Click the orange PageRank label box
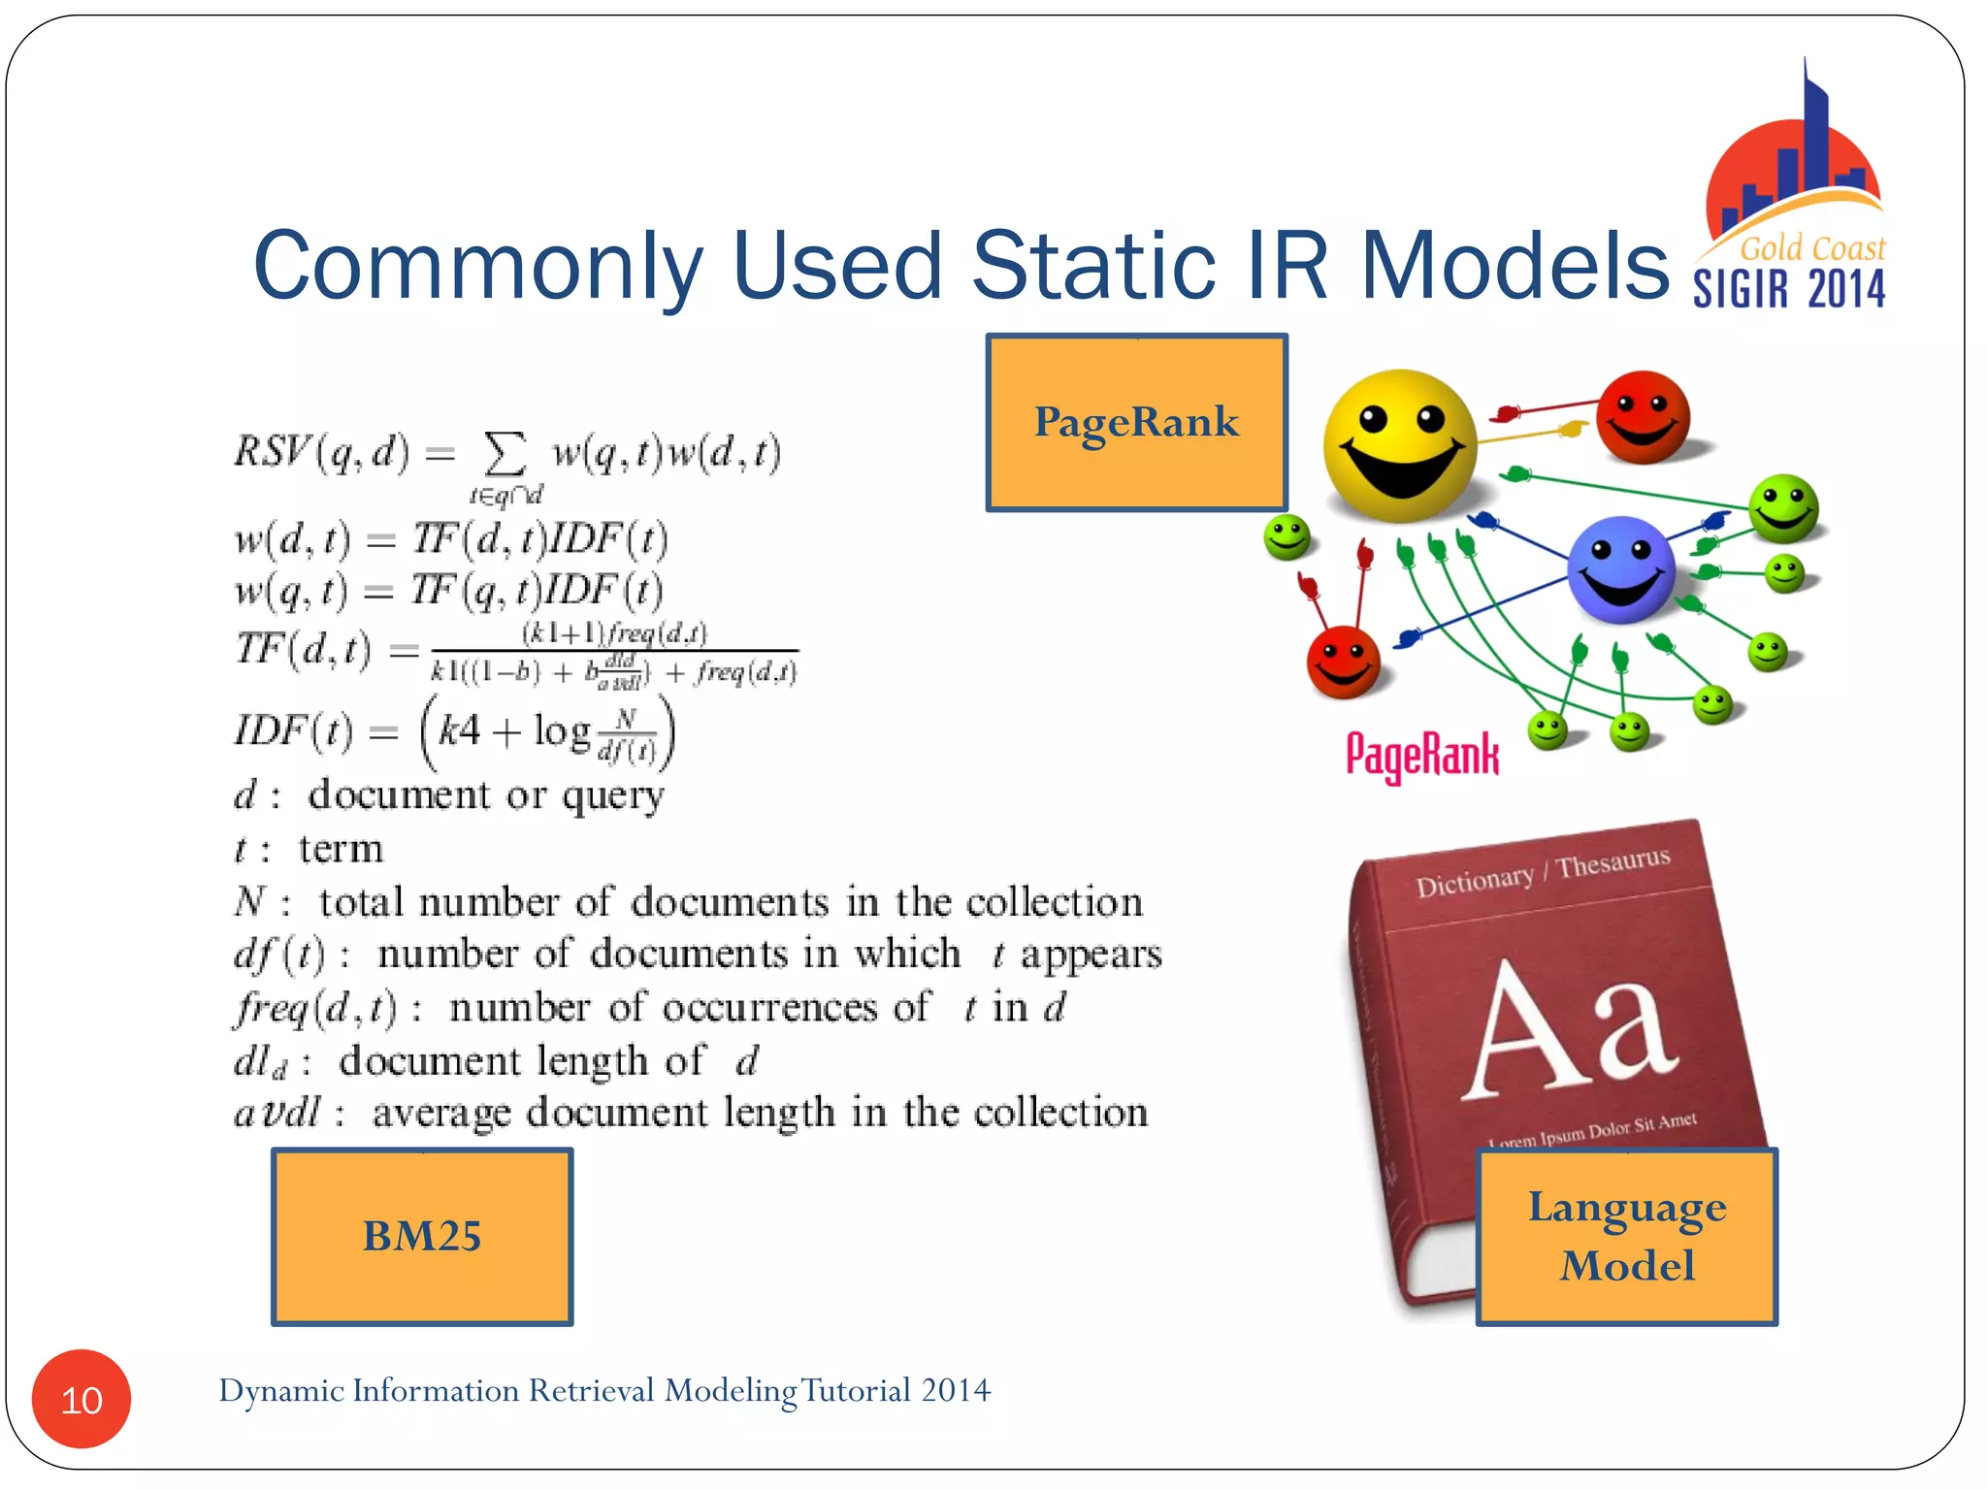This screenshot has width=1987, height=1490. click(1136, 422)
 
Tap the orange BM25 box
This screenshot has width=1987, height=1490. click(422, 1236)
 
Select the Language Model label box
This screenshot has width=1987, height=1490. click(1627, 1236)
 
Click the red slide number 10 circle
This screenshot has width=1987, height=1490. click(81, 1399)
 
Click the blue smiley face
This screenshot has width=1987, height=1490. click(1620, 568)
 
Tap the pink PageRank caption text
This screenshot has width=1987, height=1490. click(1422, 756)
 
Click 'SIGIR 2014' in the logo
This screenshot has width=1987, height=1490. click(1789, 289)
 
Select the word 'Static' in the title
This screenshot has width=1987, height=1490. click(1093, 266)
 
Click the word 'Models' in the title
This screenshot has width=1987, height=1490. click(1515, 266)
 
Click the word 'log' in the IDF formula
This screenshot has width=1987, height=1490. click(562, 730)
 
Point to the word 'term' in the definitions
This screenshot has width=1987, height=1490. click(341, 849)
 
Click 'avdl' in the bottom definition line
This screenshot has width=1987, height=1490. click(277, 1113)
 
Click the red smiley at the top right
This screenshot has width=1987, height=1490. click(1643, 417)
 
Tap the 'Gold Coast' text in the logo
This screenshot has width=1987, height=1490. click(1812, 248)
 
